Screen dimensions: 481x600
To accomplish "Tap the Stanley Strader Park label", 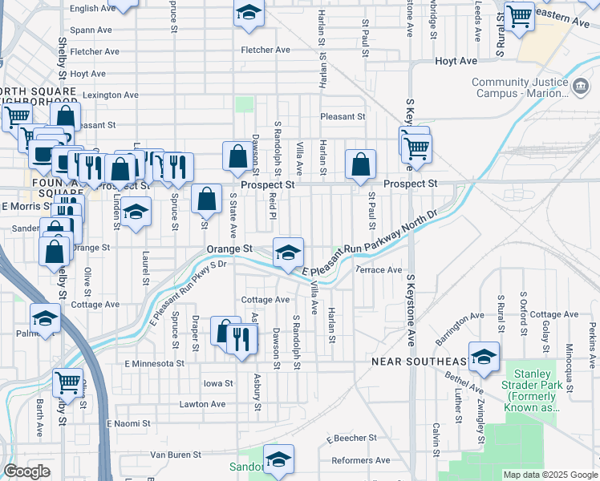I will point(532,390).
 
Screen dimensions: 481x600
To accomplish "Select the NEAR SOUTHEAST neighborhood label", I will point(418,362).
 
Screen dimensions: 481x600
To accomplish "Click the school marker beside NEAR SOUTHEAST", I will point(484,358).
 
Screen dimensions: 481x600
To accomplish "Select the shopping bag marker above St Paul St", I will point(361,164).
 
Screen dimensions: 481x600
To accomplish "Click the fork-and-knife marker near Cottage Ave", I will point(241,338).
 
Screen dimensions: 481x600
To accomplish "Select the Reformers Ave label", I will point(361,460).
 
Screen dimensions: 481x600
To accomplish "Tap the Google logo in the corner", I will point(26,471).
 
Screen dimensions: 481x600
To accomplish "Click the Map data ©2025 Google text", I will point(549,475).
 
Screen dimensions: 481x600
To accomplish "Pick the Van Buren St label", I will point(168,455).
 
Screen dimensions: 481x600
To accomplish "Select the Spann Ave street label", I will point(91,30).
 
